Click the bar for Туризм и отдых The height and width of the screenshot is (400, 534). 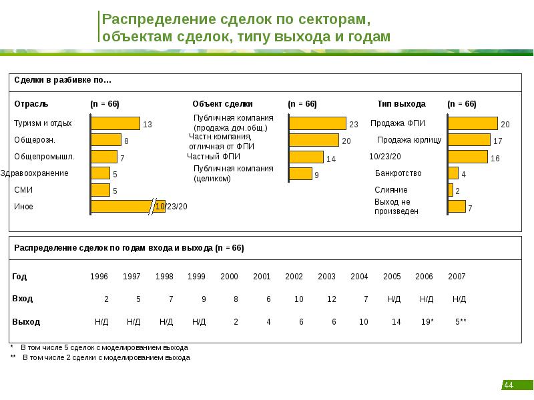(115, 123)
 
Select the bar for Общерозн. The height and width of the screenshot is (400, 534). (105, 140)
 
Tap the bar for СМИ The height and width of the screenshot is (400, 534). (100, 190)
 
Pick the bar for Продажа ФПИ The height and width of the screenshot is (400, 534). (473, 123)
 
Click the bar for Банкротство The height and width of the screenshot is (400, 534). (453, 173)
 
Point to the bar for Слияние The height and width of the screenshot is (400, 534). (451, 190)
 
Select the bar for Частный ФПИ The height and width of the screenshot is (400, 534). (306, 157)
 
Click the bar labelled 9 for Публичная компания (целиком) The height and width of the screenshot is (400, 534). (300, 174)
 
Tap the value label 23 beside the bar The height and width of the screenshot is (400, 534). (354, 125)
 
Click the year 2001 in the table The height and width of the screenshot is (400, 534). (262, 276)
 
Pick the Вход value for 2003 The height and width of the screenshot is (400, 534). (331, 299)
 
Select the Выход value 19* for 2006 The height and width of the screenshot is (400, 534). (427, 321)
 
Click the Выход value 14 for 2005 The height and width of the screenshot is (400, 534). (396, 321)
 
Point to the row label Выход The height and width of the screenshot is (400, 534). (26, 321)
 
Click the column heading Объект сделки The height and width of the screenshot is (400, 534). (222, 104)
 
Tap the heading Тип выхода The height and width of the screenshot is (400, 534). (401, 104)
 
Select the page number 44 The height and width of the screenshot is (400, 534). (508, 385)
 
